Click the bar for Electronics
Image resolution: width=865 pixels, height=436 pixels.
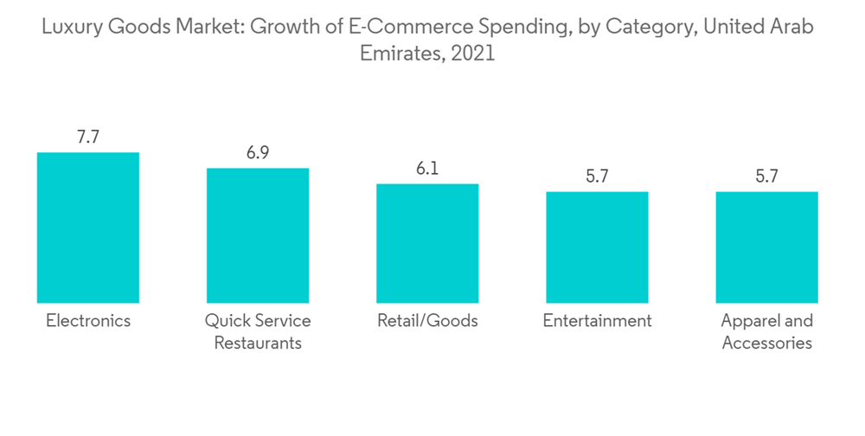[88, 228]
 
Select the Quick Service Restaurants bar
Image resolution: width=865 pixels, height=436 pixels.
[258, 235]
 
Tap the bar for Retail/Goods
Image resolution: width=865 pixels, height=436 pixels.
[427, 243]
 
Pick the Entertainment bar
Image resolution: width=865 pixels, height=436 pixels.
[597, 247]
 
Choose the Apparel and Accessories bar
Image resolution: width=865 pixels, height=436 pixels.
[767, 247]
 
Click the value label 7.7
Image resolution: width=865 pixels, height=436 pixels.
[88, 137]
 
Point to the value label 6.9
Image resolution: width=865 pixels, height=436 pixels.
[258, 153]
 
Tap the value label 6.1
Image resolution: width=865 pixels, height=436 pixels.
[427, 169]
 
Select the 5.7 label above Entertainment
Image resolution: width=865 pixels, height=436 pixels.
[597, 176]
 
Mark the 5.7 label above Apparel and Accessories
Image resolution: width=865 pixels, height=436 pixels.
[767, 176]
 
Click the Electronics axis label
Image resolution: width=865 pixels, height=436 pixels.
[88, 321]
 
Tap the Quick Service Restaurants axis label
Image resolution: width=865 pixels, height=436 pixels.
[258, 331]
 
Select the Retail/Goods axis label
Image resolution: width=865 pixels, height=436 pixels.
[427, 321]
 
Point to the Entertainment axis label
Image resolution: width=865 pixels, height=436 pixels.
[597, 321]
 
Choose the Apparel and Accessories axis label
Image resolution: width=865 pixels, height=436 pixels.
[767, 331]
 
